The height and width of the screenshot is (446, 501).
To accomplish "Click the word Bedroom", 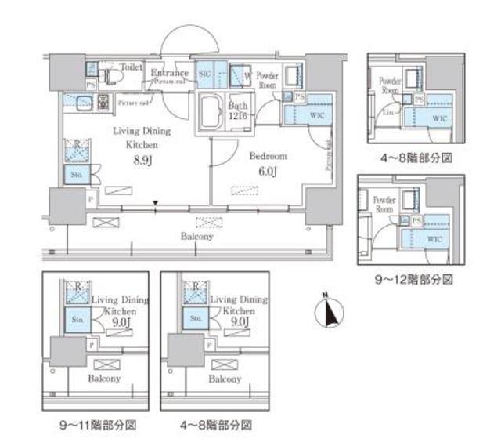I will tap(268, 155).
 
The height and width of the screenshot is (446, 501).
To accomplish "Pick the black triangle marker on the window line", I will tap(157, 205).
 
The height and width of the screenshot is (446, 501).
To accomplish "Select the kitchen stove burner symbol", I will tap(101, 100).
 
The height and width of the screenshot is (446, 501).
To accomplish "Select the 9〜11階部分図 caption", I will tap(99, 426).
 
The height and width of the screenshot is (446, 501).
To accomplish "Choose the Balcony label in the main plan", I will tap(197, 235).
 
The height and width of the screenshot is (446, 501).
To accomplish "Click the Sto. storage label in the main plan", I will tap(76, 174).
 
